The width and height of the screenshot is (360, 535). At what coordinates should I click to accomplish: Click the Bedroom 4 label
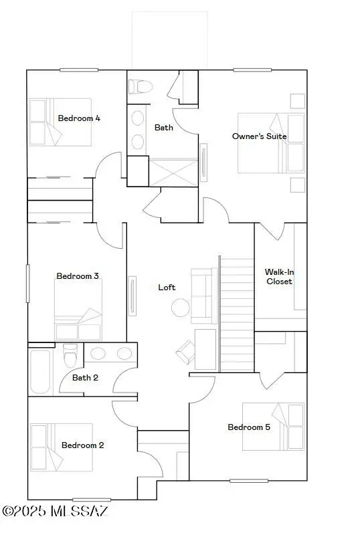pyautogui.click(x=79, y=118)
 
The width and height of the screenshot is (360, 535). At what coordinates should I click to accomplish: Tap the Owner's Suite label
pyautogui.click(x=259, y=136)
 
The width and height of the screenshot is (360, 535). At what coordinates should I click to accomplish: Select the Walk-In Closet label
pyautogui.click(x=278, y=277)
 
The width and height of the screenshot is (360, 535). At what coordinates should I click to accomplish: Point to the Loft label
pyautogui.click(x=167, y=287)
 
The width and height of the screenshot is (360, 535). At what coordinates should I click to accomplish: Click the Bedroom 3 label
pyautogui.click(x=78, y=276)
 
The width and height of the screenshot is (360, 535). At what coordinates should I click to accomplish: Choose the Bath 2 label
pyautogui.click(x=85, y=378)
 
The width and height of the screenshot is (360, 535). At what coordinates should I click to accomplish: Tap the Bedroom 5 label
pyautogui.click(x=249, y=427)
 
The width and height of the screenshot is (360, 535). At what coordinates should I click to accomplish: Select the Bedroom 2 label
pyautogui.click(x=82, y=445)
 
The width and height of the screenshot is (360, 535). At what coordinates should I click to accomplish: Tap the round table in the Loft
pyautogui.click(x=181, y=308)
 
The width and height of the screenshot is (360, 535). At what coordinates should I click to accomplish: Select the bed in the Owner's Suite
pyautogui.click(x=271, y=143)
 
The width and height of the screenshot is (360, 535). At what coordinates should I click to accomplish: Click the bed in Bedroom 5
pyautogui.click(x=273, y=426)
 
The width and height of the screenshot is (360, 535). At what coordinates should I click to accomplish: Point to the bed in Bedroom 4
pyautogui.click(x=60, y=122)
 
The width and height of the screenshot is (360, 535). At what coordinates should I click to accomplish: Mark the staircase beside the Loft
pyautogui.click(x=237, y=314)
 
